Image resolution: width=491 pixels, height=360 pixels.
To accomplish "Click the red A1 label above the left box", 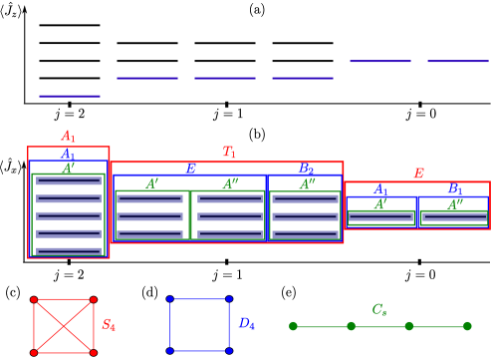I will pyautogui.click(x=68, y=137).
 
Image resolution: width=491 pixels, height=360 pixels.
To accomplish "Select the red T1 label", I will pyautogui.click(x=229, y=153).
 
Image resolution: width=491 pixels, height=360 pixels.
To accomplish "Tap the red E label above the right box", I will pyautogui.click(x=418, y=174).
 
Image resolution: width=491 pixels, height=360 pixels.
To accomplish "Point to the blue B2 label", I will pyautogui.click(x=306, y=169).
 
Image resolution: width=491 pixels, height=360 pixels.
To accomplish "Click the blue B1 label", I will pyautogui.click(x=454, y=189).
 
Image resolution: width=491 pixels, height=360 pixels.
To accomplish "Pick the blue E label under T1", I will pyautogui.click(x=190, y=169).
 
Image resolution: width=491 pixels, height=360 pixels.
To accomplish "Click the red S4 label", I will pyautogui.click(x=109, y=325).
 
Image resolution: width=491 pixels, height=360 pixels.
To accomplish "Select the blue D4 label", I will pyautogui.click(x=246, y=324).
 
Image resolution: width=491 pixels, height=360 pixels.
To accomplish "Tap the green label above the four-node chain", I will pyautogui.click(x=379, y=310).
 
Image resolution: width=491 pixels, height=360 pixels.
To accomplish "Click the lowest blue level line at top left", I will pyautogui.click(x=69, y=96).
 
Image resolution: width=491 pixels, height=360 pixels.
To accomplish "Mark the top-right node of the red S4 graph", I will pyautogui.click(x=94, y=299).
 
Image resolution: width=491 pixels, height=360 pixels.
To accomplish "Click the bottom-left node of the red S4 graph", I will pyautogui.click(x=34, y=352).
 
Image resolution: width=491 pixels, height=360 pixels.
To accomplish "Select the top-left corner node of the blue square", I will pyautogui.click(x=169, y=298).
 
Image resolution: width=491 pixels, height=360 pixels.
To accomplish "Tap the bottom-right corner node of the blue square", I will pyautogui.click(x=229, y=351).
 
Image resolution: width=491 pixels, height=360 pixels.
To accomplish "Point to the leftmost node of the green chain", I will pyautogui.click(x=293, y=326).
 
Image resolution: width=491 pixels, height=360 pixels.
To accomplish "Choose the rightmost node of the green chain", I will pyautogui.click(x=467, y=326).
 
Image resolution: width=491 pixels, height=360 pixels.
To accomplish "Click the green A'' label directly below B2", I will pyautogui.click(x=307, y=184).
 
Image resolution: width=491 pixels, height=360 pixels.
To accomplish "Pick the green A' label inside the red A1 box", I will pyautogui.click(x=68, y=169).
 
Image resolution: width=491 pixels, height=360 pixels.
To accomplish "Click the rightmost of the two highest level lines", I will pyautogui.click(x=457, y=61).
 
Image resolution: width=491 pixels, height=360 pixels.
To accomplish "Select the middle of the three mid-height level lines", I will pyautogui.click(x=224, y=78).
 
